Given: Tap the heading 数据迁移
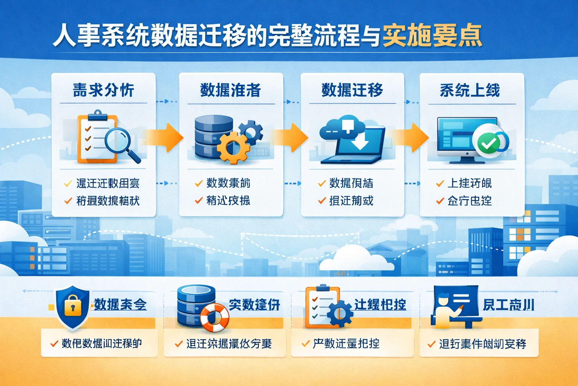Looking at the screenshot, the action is coord(352,90).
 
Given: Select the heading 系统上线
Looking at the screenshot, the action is coord(470,90).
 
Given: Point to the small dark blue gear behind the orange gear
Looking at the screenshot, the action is coord(251,132).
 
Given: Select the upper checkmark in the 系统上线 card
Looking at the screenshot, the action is coord(440,184).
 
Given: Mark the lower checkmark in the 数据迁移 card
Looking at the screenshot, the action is coord(322,201).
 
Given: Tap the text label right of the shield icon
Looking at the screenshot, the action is coord(120,305).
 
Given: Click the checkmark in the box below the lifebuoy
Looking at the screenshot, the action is coord(179,344).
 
